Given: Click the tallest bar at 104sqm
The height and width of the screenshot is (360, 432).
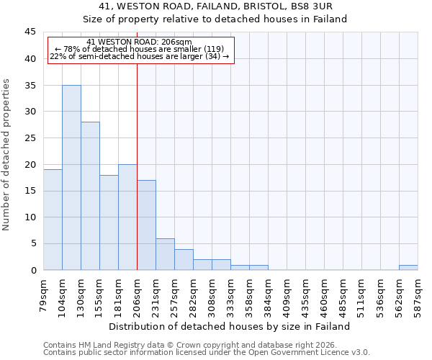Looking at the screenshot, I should coord(71,178).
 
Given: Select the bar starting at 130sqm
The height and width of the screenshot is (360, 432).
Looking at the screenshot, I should coord(90,196).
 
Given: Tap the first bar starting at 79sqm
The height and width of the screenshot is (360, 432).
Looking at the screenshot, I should coord(53,220).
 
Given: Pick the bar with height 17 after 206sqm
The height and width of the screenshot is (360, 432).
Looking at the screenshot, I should coord(146,225).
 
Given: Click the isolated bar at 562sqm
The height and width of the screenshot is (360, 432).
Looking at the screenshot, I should coord(408,267).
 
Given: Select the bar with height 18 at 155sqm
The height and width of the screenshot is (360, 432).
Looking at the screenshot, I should coord(109,222).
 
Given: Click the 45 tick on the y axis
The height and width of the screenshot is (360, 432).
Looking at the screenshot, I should coord(30,32).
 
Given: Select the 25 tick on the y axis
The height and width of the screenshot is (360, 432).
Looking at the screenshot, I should coord(30,138).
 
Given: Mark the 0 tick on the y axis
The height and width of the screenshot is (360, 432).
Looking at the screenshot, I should coord(33,270).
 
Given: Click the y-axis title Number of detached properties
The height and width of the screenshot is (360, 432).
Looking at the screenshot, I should coord(7,155).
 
